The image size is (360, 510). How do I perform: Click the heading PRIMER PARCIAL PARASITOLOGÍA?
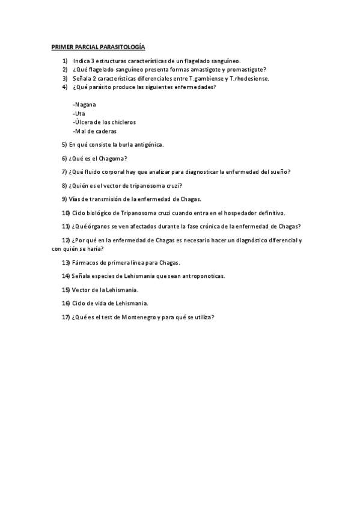point(98,46)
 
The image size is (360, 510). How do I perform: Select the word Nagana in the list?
point(85,105)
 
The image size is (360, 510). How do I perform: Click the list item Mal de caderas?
point(94,131)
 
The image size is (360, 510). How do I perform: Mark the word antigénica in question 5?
point(148,144)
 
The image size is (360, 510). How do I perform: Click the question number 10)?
point(66,213)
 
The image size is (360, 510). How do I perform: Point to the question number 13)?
point(66,262)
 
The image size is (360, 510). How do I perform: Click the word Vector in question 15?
point(81,289)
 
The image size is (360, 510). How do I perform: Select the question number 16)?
point(66,303)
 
